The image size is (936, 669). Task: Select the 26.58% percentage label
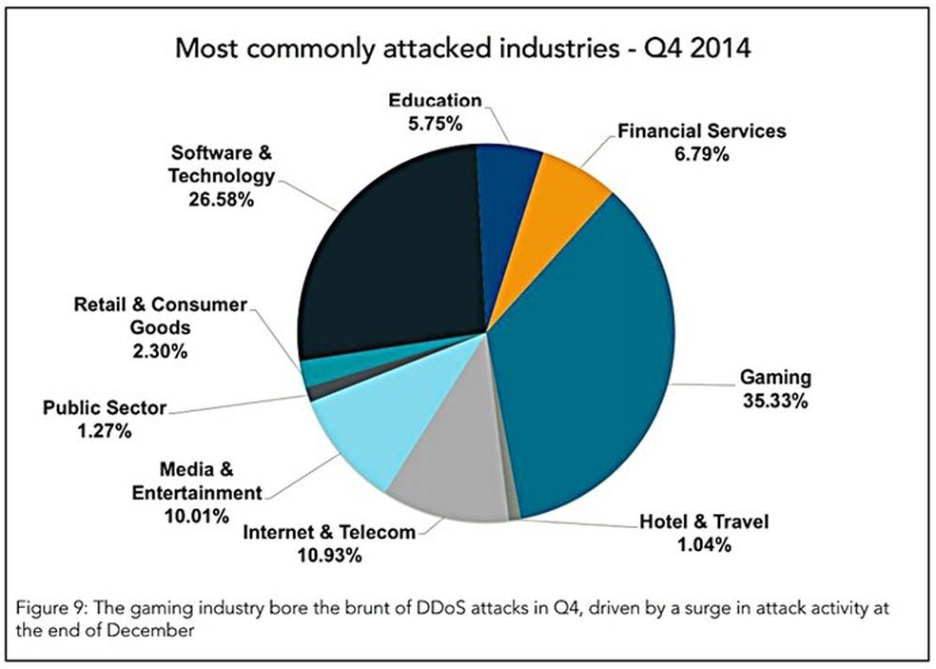[222, 200]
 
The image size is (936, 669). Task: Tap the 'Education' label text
[436, 101]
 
